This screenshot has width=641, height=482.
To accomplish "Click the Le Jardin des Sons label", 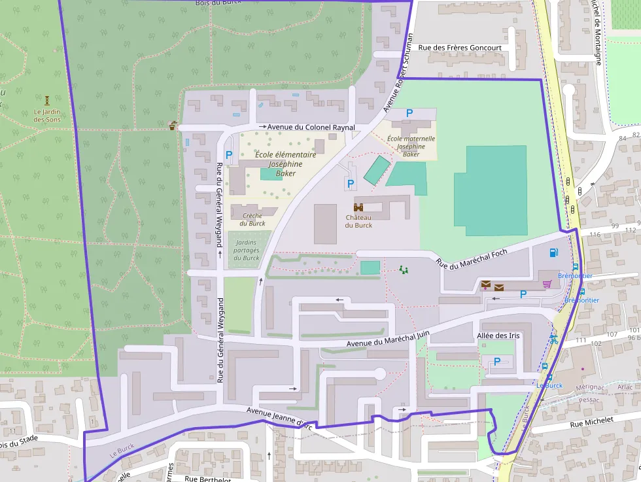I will point(46,116).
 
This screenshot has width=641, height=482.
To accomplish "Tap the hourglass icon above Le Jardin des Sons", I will point(47,101).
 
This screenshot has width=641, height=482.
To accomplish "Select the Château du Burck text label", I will point(358,221).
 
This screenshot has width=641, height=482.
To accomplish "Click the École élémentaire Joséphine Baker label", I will point(285,164).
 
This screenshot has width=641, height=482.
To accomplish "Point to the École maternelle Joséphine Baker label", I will point(411,146).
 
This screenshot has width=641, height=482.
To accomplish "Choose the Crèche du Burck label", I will point(252,219).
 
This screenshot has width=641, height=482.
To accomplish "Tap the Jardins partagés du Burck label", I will point(247,250).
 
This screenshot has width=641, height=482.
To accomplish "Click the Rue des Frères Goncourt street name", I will point(460,48).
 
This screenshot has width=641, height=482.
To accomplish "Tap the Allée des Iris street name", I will point(498,336).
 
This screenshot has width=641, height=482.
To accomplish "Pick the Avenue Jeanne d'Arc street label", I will point(281,418).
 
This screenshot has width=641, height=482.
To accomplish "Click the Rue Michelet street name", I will point(592,422).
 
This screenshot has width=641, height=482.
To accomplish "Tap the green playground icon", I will point(404,269).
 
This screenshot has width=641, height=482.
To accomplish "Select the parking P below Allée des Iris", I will point(496,361).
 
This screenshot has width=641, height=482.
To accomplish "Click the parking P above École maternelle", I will point(409,112).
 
